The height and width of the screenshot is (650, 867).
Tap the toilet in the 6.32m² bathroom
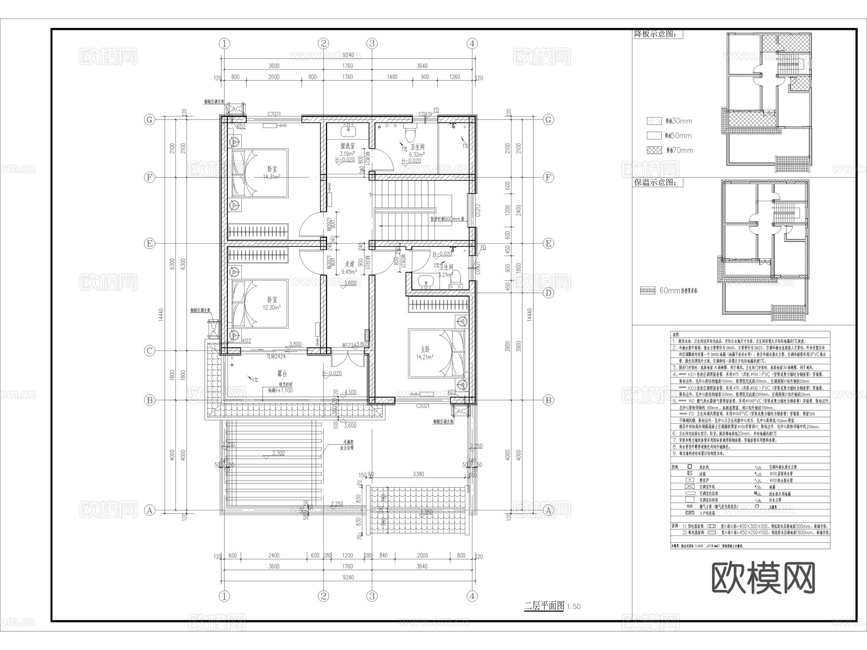click(x=411, y=130)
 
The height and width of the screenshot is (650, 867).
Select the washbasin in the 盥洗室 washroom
click(x=348, y=130)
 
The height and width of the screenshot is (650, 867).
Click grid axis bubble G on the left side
click(x=150, y=119)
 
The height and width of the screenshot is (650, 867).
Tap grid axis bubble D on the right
click(x=548, y=293)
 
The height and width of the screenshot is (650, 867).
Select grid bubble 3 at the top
click(x=371, y=43)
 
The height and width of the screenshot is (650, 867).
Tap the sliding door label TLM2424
click(x=276, y=357)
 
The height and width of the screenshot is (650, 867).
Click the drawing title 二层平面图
click(x=544, y=606)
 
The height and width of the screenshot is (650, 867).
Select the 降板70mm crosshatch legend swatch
click(x=654, y=150)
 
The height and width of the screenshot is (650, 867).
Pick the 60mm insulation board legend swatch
click(x=648, y=291)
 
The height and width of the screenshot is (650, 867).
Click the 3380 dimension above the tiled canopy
click(x=418, y=474)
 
